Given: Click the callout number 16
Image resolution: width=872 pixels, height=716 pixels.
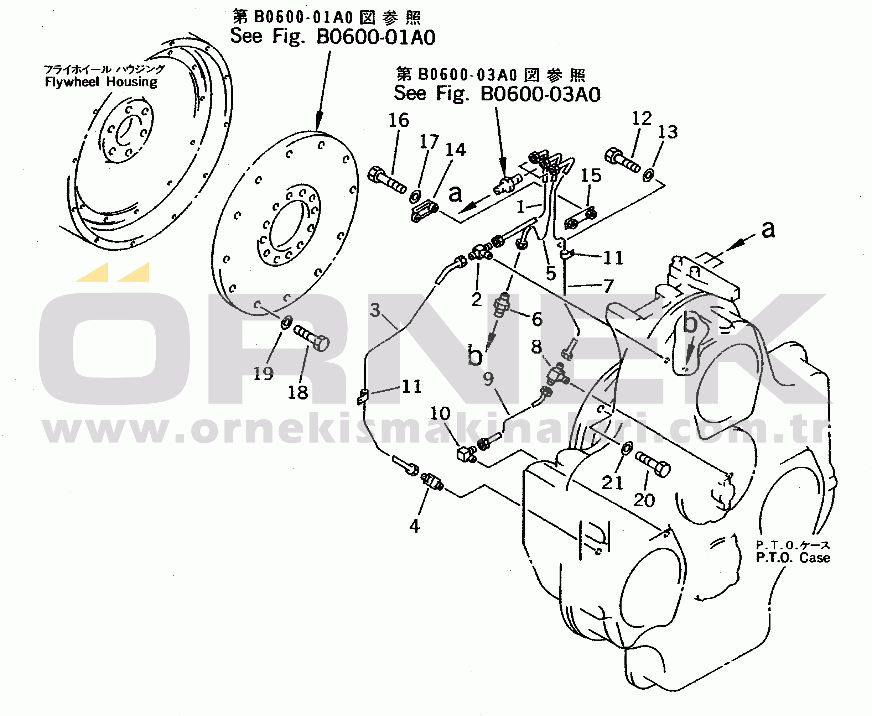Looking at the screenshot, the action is pos(399,120).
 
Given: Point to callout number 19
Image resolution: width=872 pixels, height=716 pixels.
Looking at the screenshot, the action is pos(263,374).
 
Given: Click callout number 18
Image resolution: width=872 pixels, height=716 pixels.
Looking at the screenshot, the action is pos(297,392).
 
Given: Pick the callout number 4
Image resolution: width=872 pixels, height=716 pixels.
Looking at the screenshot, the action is pos(415,526).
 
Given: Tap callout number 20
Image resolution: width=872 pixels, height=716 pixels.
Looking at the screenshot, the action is pos(644,500).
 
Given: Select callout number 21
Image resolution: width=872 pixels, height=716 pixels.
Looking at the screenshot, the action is pos(612,482).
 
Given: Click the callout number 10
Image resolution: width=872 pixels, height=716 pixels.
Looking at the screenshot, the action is pos(440,413).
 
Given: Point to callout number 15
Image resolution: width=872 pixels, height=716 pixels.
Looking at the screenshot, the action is pos(591,175).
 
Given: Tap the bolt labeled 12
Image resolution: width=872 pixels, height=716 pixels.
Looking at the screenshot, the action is pos(622,160).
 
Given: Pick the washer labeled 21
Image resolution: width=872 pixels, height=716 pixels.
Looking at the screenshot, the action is pos(627,448).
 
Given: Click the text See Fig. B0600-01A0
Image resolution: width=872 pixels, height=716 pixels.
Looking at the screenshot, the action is pos(333,36).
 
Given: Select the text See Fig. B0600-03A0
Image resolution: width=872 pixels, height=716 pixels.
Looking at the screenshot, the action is pos(497,94).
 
